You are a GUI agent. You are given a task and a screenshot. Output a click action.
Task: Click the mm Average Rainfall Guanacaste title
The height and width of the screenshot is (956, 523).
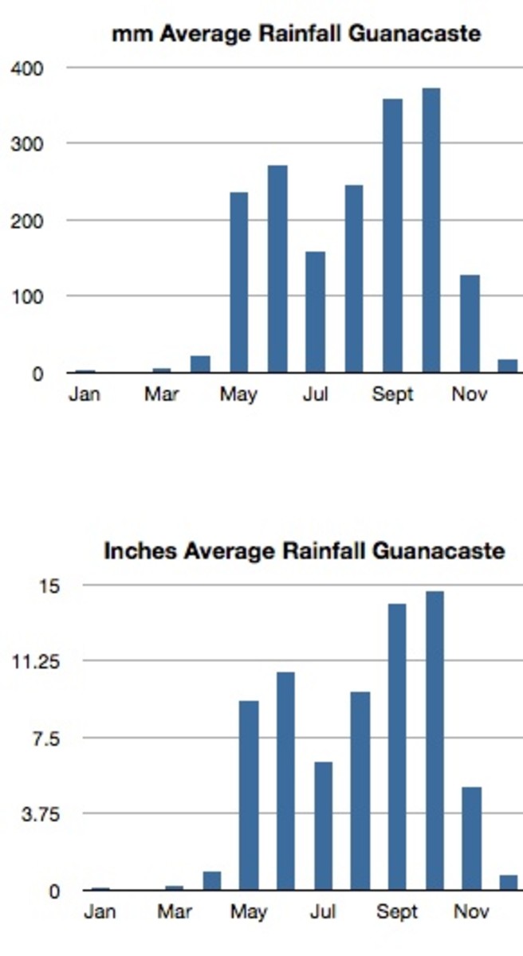coord(296,34)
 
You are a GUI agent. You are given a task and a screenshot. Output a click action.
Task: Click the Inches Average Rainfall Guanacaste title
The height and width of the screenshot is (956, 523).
coord(304,550)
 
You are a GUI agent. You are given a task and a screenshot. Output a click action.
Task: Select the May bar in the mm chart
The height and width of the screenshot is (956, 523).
coord(239,282)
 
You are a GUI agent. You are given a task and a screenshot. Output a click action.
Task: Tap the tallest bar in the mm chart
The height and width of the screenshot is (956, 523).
coord(431,230)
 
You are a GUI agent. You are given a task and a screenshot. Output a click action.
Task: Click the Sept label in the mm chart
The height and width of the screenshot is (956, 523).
coord(393,395)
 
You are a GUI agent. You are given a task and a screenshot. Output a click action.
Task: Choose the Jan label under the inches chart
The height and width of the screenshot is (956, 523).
coord(100,912)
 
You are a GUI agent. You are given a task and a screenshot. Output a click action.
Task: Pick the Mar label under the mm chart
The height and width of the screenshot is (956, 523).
coord(162,395)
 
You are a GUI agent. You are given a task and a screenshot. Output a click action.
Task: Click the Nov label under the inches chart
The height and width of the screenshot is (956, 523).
coord(471,912)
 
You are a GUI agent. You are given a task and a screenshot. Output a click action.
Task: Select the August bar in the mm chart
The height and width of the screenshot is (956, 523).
coord(354,278)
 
